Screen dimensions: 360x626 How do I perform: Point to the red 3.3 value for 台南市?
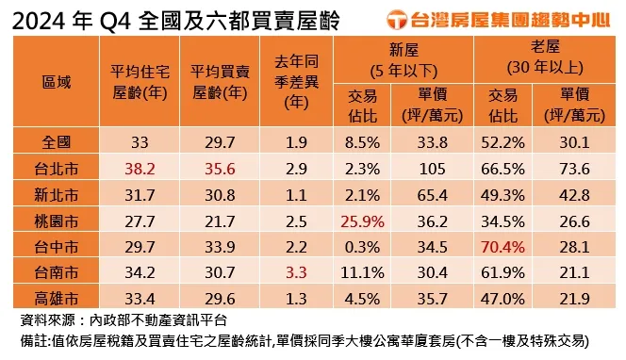click(x=296, y=272)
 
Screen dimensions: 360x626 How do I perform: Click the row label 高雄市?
click(x=57, y=299)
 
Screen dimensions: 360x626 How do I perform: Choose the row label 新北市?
click(x=57, y=195)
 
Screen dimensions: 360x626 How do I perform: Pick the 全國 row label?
click(x=57, y=143)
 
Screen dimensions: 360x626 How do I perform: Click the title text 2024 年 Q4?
click(x=66, y=18)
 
